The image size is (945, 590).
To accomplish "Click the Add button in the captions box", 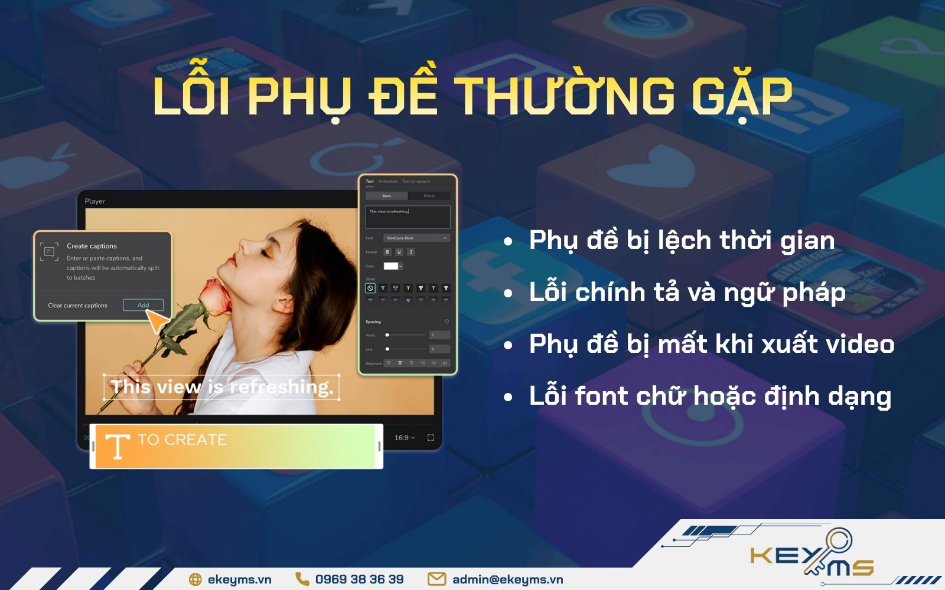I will click(143, 305).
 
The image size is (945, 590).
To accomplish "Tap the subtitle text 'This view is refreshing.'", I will click(222, 388).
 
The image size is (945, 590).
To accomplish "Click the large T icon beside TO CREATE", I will click(118, 445).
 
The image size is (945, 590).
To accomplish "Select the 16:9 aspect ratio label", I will click(405, 438).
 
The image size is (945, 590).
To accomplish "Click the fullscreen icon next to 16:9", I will click(431, 438).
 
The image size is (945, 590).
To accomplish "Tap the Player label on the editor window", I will click(94, 201).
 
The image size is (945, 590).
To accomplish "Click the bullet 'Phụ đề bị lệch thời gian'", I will click(682, 241).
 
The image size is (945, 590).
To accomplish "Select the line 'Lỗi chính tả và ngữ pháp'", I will click(687, 293).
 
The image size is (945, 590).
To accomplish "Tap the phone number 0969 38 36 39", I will click(359, 579).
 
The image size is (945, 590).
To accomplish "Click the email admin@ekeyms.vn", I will click(507, 579).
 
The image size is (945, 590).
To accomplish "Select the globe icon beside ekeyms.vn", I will click(195, 579).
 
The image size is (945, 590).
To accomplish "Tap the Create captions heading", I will click(92, 246).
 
